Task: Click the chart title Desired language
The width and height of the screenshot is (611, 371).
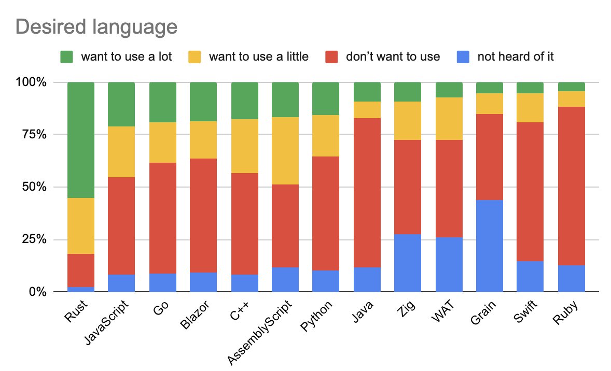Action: pos(96,26)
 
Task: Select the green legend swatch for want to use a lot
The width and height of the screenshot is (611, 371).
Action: pos(67,56)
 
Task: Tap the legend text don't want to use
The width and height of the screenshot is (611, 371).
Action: pos(393,56)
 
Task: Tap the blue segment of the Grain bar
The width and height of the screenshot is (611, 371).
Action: pos(490,246)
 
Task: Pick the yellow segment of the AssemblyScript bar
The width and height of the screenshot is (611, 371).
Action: pos(285,151)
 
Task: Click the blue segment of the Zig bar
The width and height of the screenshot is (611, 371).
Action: pos(408,263)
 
